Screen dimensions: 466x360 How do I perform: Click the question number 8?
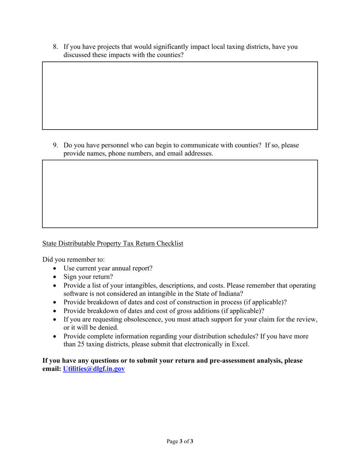[x=55, y=47]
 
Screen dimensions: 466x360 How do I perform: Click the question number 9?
[x=55, y=145]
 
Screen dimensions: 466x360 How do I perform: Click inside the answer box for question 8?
[x=180, y=96]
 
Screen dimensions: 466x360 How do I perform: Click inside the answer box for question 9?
[x=180, y=194]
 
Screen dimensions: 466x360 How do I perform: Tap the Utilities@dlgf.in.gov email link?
[x=94, y=369]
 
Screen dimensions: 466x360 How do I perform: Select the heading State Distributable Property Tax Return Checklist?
[x=113, y=244]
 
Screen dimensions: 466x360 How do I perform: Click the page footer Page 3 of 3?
[x=180, y=441]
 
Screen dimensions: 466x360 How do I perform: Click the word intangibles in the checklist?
[x=140, y=285]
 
